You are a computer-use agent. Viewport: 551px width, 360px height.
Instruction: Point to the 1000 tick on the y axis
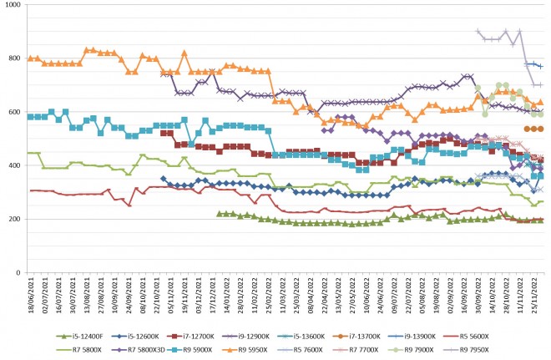[12, 6]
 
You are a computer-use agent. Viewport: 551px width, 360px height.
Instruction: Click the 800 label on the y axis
[14, 59]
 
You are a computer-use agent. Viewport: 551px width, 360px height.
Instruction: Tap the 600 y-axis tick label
[14, 113]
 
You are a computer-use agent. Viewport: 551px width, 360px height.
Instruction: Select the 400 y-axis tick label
[14, 166]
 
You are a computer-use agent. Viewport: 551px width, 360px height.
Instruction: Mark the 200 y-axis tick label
[14, 220]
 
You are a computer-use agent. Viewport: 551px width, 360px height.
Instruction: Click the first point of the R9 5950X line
[30, 58]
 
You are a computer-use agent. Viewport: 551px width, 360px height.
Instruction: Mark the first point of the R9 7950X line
[478, 32]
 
